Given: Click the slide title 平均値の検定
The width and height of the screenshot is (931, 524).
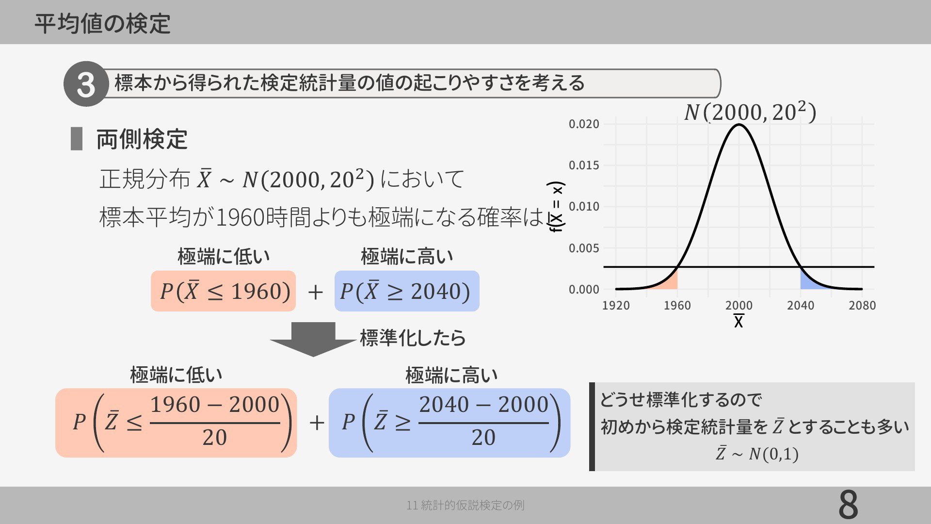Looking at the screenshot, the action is pyautogui.click(x=102, y=23).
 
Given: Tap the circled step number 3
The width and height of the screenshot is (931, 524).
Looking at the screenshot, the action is pyautogui.click(x=86, y=84).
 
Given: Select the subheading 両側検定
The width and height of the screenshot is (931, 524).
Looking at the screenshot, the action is pyautogui.click(x=142, y=139).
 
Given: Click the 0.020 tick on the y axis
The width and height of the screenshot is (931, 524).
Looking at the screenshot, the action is pyautogui.click(x=584, y=124).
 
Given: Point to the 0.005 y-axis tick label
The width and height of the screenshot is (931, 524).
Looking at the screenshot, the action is pyautogui.click(x=584, y=248).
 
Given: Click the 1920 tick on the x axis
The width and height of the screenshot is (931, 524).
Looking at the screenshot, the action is pyautogui.click(x=616, y=305).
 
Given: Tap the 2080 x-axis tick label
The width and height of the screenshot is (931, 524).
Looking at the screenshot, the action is pyautogui.click(x=862, y=305).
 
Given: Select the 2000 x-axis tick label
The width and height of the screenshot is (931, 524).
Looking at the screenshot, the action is pyautogui.click(x=739, y=305).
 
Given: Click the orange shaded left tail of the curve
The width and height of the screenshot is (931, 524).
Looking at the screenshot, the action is pyautogui.click(x=669, y=282).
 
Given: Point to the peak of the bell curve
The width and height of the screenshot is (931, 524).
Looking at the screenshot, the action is pyautogui.click(x=739, y=125).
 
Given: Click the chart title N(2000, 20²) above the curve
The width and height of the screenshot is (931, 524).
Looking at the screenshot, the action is pyautogui.click(x=750, y=112).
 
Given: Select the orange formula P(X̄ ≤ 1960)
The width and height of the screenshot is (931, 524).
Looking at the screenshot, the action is pyautogui.click(x=224, y=291).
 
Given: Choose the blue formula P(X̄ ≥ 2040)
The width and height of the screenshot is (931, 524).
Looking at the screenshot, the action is pyautogui.click(x=407, y=291).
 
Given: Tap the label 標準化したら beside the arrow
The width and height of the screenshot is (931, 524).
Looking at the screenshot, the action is pyautogui.click(x=413, y=338).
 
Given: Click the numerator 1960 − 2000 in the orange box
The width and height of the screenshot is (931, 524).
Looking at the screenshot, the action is pyautogui.click(x=215, y=405).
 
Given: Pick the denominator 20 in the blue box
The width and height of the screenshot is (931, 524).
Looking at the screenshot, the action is pyautogui.click(x=483, y=438).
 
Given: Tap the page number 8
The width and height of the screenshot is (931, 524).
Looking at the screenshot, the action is pyautogui.click(x=848, y=505).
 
